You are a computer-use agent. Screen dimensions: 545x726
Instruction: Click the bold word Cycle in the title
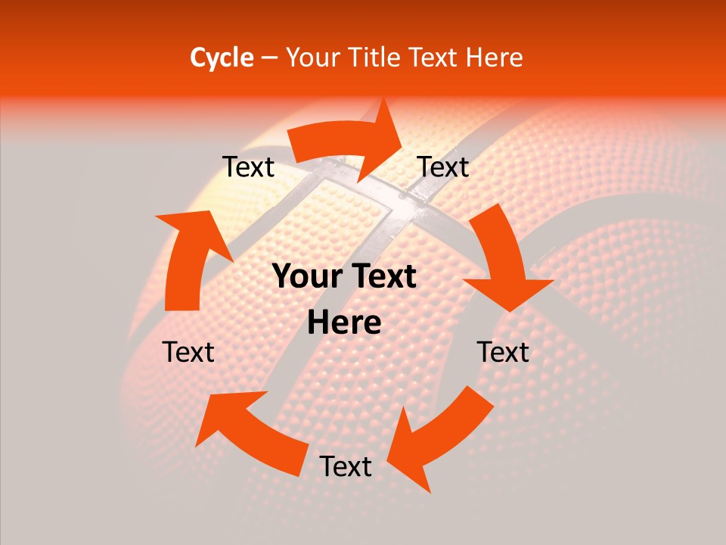point(222,58)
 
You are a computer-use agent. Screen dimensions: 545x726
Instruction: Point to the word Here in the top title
point(496,58)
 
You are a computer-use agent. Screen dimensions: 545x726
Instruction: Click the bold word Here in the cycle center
point(344,323)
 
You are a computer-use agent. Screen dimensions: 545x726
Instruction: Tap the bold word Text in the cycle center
point(383,277)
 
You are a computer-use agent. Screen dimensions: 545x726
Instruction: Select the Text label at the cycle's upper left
point(249,167)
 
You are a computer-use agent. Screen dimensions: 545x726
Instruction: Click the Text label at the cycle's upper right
point(444,167)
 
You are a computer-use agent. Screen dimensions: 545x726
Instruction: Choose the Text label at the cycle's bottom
point(346,467)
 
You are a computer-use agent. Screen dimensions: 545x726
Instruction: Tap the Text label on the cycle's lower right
point(504,353)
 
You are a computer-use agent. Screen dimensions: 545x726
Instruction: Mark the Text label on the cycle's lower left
point(189,353)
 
